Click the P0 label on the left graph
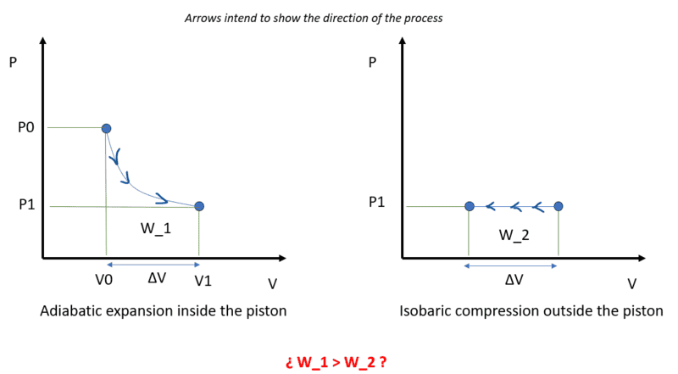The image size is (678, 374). pyautogui.click(x=26, y=128)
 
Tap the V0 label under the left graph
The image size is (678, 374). pyautogui.click(x=103, y=280)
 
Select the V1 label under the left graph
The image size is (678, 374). pyautogui.click(x=203, y=281)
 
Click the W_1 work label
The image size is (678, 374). pyautogui.click(x=156, y=228)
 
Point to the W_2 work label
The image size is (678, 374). pyautogui.click(x=514, y=235)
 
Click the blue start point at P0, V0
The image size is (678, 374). pyautogui.click(x=106, y=129)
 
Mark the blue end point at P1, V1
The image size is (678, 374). pyautogui.click(x=199, y=206)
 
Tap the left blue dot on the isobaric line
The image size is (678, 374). pyautogui.click(x=470, y=206)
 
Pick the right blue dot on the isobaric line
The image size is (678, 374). pyautogui.click(x=559, y=206)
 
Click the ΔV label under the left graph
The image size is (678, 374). pyautogui.click(x=157, y=278)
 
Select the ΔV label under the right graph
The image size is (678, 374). pyautogui.click(x=514, y=280)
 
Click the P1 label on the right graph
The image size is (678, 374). pyautogui.click(x=376, y=202)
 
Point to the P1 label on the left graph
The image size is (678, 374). pyautogui.click(x=27, y=204)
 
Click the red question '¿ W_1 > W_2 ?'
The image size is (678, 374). pyautogui.click(x=336, y=362)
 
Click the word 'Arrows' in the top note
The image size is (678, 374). pyautogui.click(x=199, y=18)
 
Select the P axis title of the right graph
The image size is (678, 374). pyautogui.click(x=372, y=63)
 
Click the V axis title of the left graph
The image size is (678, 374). pyautogui.click(x=272, y=283)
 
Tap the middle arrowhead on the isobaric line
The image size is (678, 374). pyautogui.click(x=515, y=207)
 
